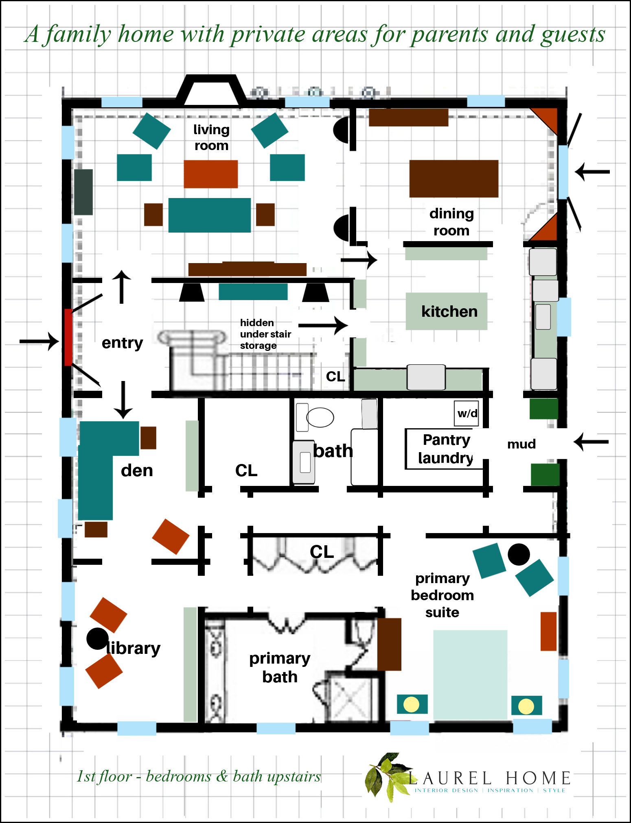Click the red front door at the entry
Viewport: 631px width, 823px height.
coord(68,337)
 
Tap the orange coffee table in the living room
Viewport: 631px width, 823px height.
coord(210,174)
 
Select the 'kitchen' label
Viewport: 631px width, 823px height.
coord(449,311)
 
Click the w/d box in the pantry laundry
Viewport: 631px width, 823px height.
coord(467,414)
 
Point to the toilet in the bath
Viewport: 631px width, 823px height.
coord(315,417)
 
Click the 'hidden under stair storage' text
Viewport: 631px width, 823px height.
coord(265,334)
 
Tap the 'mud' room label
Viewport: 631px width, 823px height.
coord(521,444)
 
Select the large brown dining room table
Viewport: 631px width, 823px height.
coord(454,179)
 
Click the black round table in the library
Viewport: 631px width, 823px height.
coord(98,638)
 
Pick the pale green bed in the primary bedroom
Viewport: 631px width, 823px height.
coord(470,675)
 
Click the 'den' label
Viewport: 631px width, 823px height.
coord(137,470)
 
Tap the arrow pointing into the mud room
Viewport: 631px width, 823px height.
coord(591,442)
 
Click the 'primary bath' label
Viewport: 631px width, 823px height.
coord(280,667)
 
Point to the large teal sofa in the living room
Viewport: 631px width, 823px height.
coord(210,215)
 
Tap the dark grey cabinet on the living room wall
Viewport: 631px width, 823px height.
coord(83,192)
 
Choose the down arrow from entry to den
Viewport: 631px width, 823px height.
coord(123,400)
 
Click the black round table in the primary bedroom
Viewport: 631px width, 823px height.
coord(519,555)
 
